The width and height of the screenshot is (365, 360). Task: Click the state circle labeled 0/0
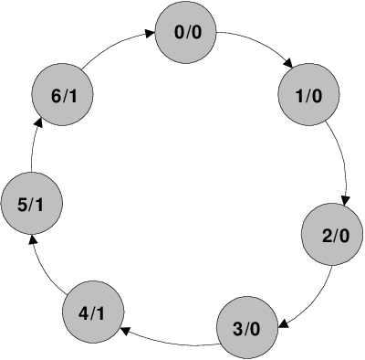click(188, 35)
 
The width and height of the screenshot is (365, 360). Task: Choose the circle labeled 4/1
click(92, 313)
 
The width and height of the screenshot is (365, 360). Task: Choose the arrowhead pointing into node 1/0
click(289, 64)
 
